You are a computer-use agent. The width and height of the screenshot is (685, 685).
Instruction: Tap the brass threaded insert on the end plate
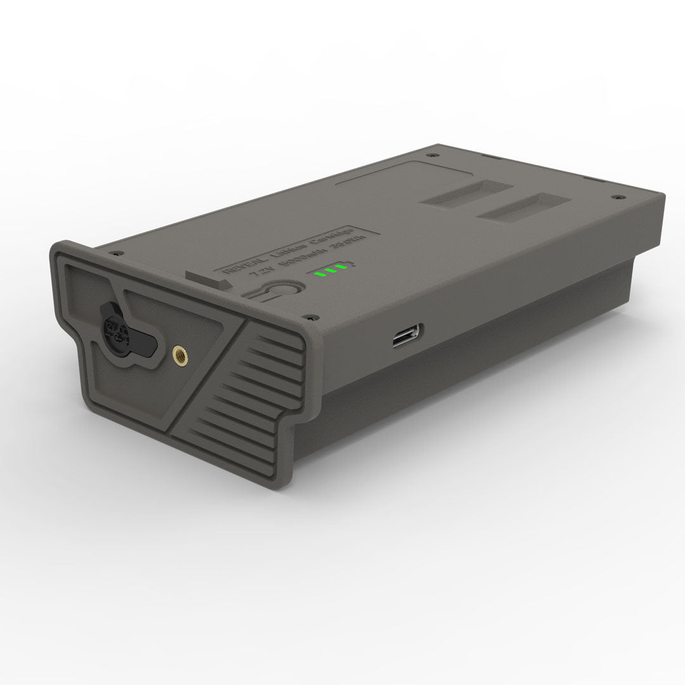(x=179, y=350)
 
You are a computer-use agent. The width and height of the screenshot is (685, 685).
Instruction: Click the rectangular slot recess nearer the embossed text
(x=467, y=192)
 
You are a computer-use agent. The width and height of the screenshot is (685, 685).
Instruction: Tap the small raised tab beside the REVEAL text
(x=204, y=280)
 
